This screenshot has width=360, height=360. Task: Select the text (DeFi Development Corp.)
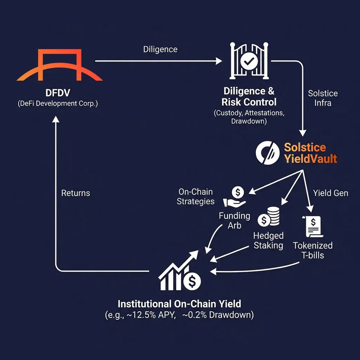(x=58, y=104)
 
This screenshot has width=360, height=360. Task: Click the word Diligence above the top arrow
(x=160, y=49)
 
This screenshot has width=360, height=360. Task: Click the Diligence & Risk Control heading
(x=249, y=97)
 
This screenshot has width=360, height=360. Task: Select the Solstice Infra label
(x=323, y=98)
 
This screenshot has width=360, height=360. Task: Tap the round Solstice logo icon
(x=266, y=153)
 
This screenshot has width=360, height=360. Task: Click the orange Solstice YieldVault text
(x=310, y=153)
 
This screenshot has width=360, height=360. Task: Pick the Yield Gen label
(x=330, y=193)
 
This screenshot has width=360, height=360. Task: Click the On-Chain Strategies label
(x=195, y=197)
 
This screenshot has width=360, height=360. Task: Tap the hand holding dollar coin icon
(x=234, y=197)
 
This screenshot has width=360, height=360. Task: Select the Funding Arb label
(x=234, y=220)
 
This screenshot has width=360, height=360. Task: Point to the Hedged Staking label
(x=269, y=240)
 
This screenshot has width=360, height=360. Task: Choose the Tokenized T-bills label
(x=313, y=250)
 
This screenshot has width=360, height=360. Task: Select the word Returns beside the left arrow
(x=76, y=193)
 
